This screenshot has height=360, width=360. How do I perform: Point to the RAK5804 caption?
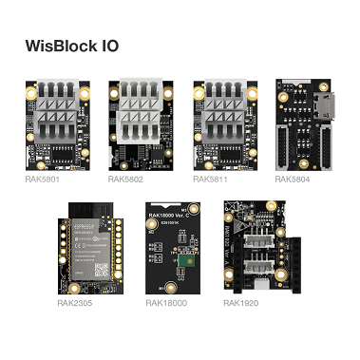(292, 179)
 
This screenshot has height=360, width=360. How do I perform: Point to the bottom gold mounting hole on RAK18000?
(170, 285)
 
